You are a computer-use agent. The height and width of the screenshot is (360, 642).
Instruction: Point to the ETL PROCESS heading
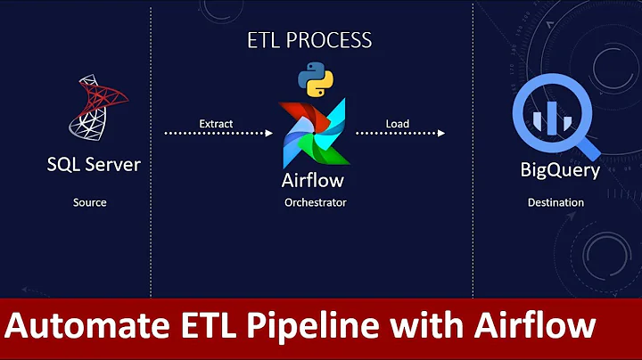pyautogui.click(x=309, y=40)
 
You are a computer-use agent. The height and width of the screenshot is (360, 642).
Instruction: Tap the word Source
pyautogui.click(x=89, y=203)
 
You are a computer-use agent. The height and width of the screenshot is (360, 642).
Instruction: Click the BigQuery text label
pyautogui.click(x=560, y=169)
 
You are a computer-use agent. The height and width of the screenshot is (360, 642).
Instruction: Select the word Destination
pyautogui.click(x=555, y=203)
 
